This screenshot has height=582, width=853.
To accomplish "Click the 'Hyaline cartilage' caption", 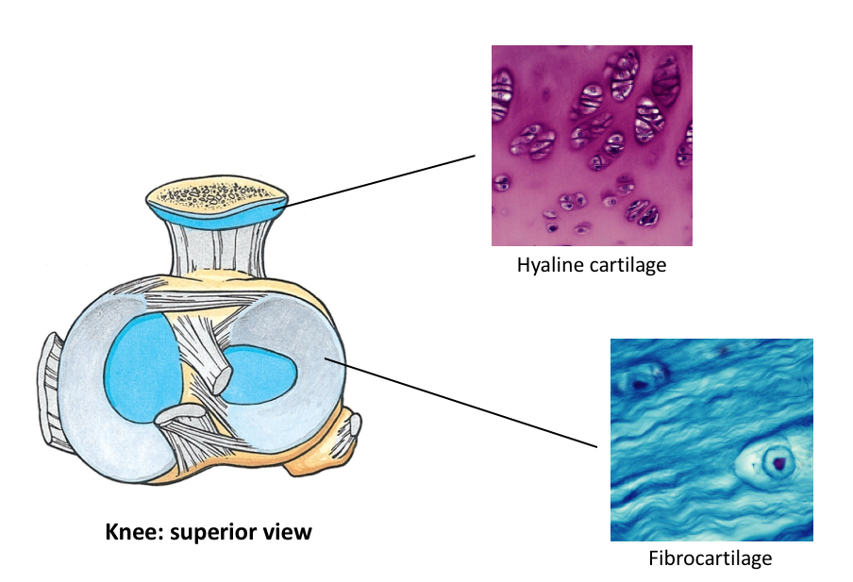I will click(x=591, y=264).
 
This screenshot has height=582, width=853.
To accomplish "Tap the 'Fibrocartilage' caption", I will click(x=710, y=557).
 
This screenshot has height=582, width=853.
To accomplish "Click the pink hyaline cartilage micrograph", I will click(x=592, y=145).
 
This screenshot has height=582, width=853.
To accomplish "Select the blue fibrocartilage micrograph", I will click(x=711, y=439).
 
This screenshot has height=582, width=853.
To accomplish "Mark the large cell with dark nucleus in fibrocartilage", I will click(x=776, y=461).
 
